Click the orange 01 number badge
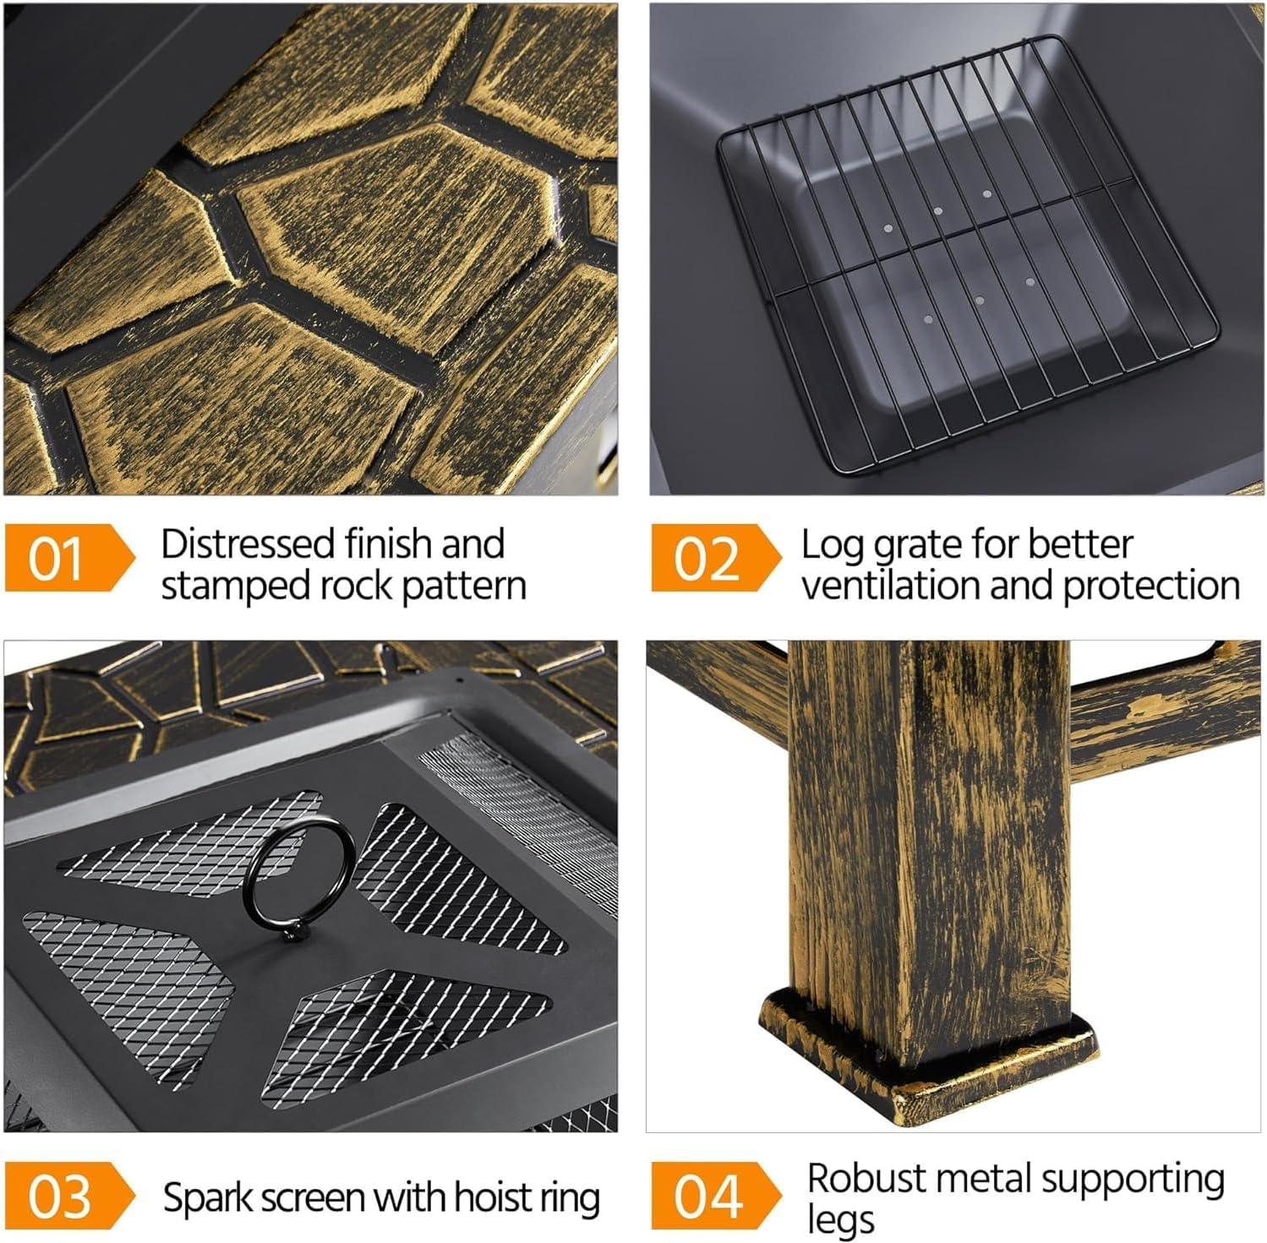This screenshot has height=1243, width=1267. tap(59, 558)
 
